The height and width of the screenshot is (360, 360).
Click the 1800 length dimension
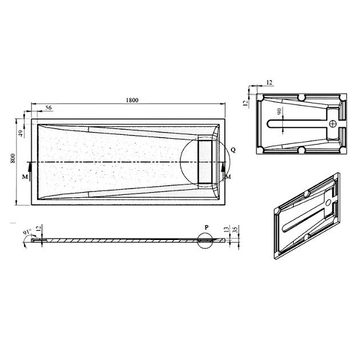pos(132,100)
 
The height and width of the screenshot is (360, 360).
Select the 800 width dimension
pos(13,158)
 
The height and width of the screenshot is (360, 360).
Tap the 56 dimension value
pos(49,107)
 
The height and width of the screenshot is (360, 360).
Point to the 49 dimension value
pos(21,134)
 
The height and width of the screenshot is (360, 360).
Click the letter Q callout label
pos(233,150)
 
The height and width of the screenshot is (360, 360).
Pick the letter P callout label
pos(207,227)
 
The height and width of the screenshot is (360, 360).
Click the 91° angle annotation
pos(27,232)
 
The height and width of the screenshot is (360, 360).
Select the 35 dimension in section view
pos(234,230)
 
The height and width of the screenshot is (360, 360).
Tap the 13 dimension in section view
pos(226,229)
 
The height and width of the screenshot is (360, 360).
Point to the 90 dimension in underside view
pos(279,111)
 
